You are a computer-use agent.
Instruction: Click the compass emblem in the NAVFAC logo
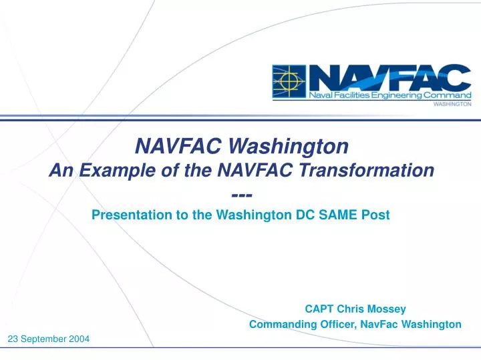click(x=289, y=82)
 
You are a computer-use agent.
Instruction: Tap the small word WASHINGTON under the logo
click(x=453, y=105)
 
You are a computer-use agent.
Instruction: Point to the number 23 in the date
click(x=13, y=339)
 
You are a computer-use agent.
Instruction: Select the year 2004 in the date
click(x=78, y=339)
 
